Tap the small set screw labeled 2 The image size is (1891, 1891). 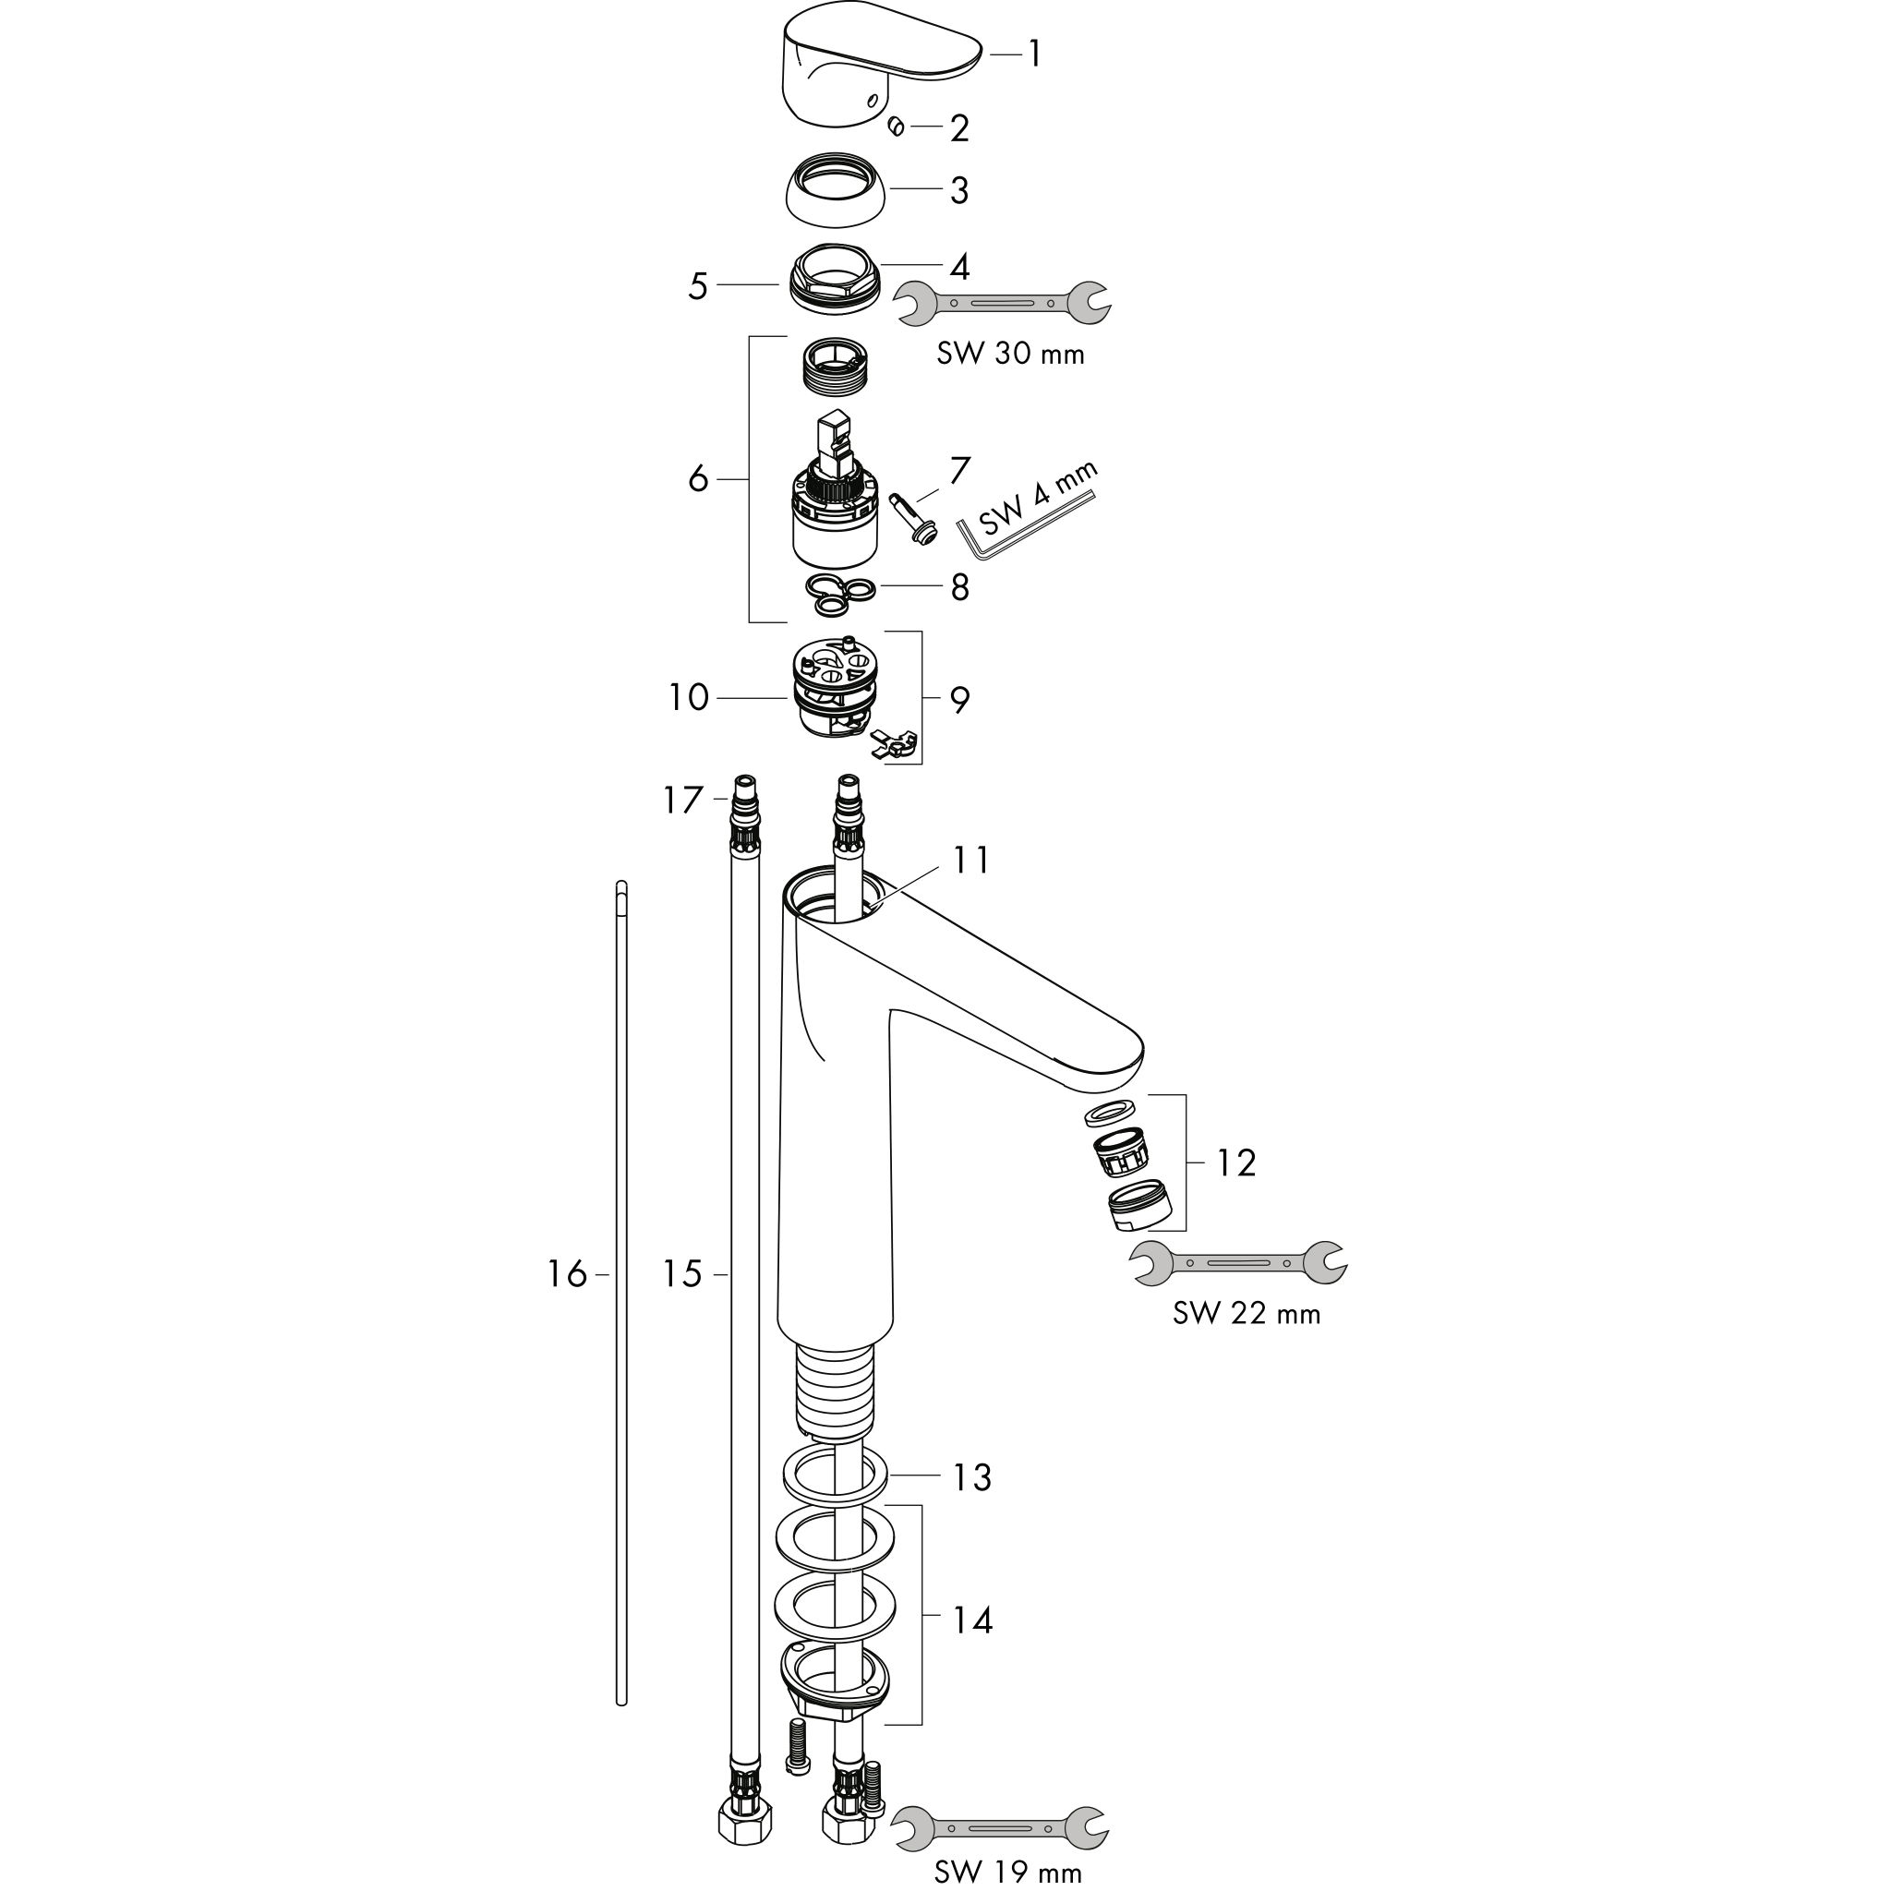click(x=896, y=126)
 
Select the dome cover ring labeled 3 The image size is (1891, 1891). click(x=837, y=190)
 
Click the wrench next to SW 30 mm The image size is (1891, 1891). click(x=1005, y=303)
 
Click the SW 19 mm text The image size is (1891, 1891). click(x=1008, y=1873)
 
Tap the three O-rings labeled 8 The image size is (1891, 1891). click(x=841, y=596)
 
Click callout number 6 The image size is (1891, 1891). click(x=698, y=478)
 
